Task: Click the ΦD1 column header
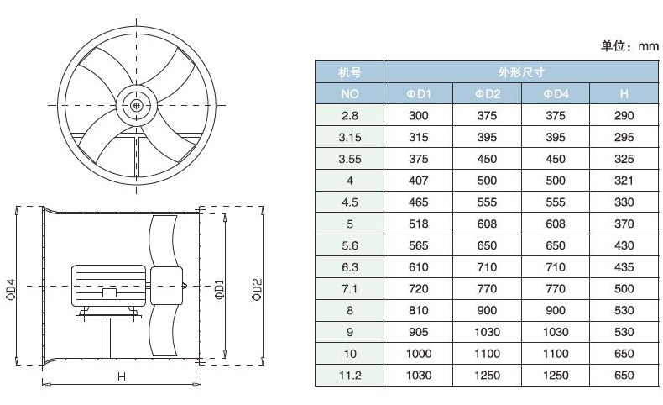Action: pos(419,94)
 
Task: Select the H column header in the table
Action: pos(624,94)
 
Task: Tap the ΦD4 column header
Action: pos(556,94)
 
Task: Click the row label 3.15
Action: pos(350,137)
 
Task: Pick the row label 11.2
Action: pos(350,376)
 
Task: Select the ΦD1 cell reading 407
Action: pos(419,181)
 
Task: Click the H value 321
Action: pos(624,181)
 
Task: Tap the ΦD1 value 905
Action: pos(419,332)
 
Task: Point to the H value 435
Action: pos(624,267)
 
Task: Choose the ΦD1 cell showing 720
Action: pos(419,289)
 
